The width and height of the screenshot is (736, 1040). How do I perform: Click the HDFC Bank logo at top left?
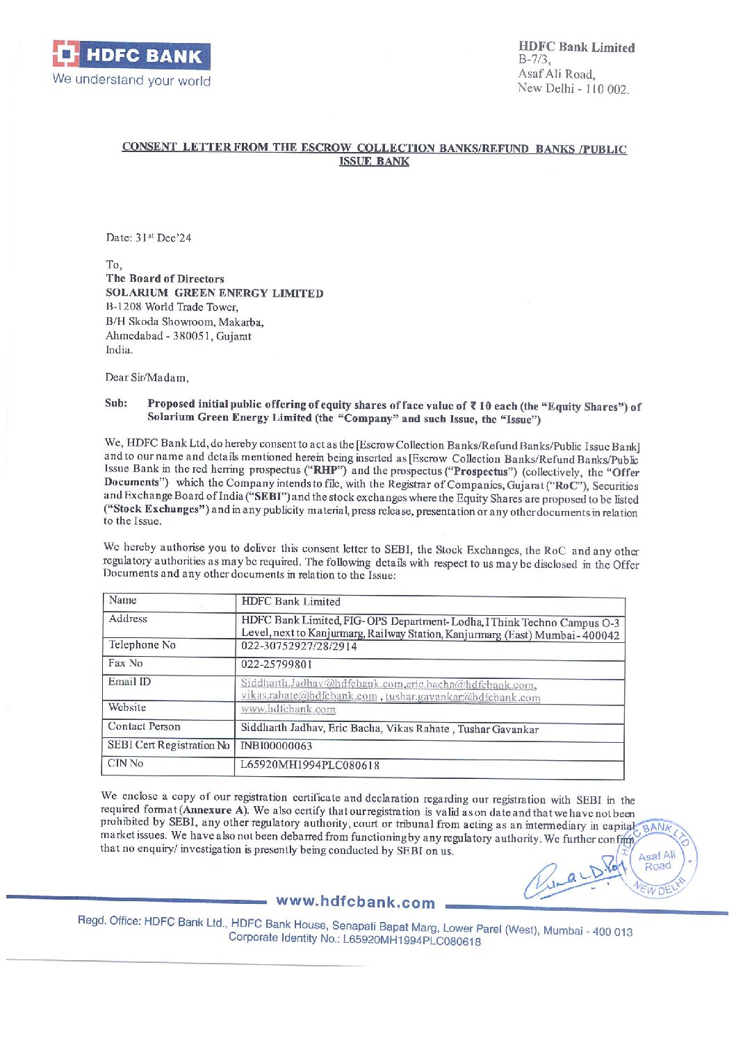tap(131, 55)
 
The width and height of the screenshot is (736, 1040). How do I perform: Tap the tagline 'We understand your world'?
tap(131, 80)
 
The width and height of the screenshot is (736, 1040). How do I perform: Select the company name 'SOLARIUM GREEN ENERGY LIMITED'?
tap(214, 293)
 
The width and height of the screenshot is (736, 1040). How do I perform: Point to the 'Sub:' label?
tap(116, 403)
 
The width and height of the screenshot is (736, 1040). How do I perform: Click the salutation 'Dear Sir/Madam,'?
tap(147, 378)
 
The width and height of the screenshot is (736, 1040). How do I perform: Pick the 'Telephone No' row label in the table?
tap(142, 645)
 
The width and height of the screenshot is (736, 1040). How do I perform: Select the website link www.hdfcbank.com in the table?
tap(288, 710)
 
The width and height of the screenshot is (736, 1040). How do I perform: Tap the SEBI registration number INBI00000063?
tap(276, 746)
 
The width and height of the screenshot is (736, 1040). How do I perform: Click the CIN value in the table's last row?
tap(310, 765)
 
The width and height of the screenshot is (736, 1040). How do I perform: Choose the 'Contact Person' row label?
tap(144, 726)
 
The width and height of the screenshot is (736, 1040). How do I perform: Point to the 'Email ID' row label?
tap(129, 682)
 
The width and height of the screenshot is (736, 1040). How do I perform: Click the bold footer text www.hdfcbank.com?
tap(355, 902)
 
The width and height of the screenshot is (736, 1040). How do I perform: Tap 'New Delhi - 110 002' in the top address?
tap(573, 89)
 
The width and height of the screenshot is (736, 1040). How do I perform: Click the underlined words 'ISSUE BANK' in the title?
tap(374, 162)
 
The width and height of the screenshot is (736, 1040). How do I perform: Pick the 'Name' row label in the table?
tap(122, 601)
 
